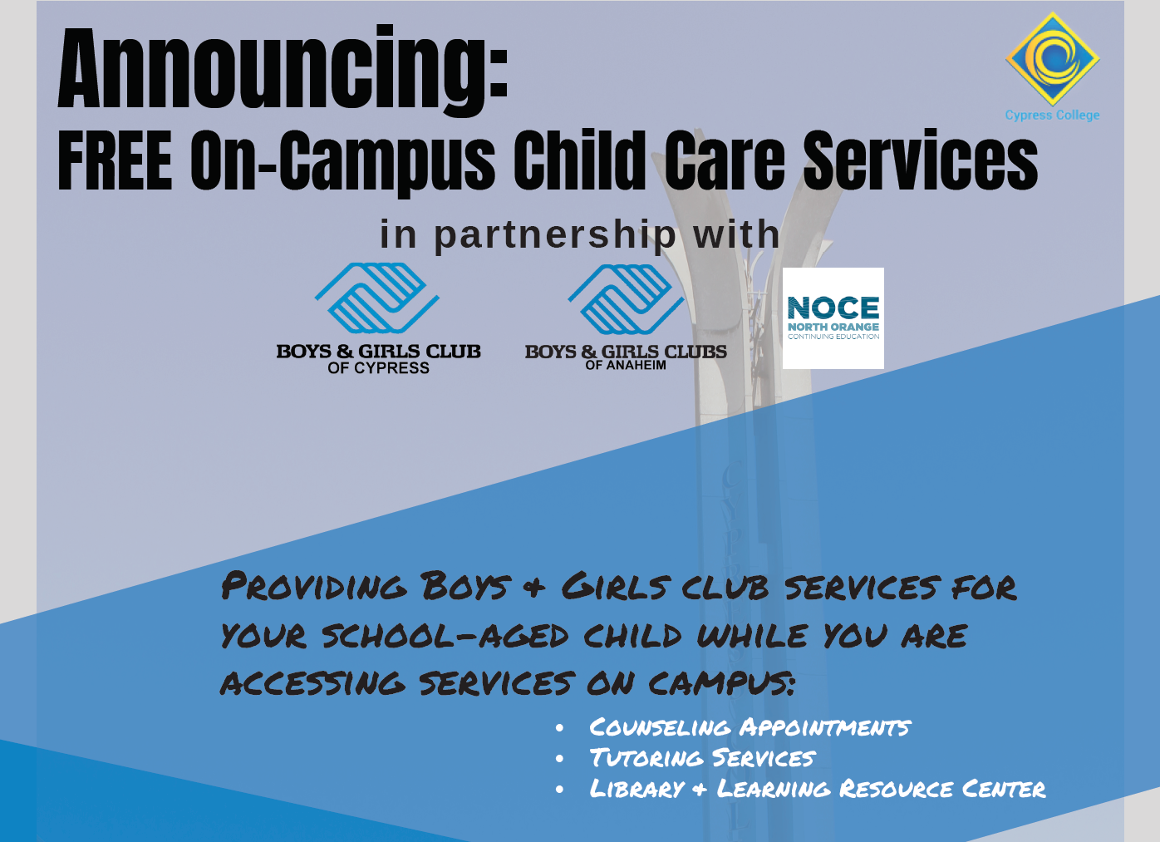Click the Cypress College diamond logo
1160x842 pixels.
1052,58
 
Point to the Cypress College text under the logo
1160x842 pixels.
1052,116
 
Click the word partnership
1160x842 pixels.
555,235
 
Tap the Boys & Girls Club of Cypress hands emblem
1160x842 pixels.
377,298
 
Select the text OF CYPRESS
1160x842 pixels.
378,368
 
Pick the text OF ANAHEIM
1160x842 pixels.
626,365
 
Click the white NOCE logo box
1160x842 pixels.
833,318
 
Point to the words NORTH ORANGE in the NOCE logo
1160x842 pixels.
833,327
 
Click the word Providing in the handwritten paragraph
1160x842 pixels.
314,587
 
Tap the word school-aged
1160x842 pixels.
445,636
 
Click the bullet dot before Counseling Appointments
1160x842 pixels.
560,729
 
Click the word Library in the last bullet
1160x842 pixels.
637,788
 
